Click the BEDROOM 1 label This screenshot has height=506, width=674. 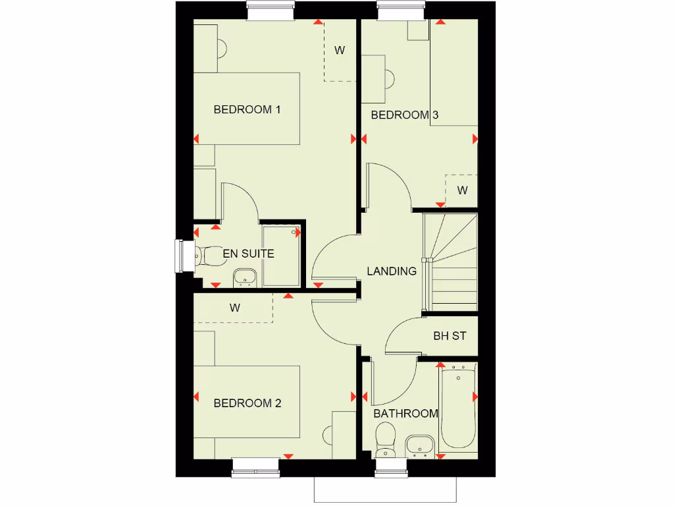tap(247, 109)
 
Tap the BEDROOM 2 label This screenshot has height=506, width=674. tap(247, 403)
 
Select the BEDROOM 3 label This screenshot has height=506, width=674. tap(404, 115)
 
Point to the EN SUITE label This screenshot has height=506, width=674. tap(248, 254)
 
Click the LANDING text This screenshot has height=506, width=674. tap(392, 271)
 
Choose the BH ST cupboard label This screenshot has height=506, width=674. tap(450, 336)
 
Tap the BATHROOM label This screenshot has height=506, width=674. tap(405, 414)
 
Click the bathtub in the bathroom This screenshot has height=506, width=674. tap(458, 407)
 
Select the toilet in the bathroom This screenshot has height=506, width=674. tap(384, 438)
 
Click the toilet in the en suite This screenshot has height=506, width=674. tap(209, 256)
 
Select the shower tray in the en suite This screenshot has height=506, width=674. tap(280, 256)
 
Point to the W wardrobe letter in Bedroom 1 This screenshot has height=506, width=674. tap(340, 51)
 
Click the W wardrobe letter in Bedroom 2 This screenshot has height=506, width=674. tap(235, 308)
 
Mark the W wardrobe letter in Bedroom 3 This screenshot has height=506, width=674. tap(463, 191)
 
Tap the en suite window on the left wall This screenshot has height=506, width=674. tap(180, 256)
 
